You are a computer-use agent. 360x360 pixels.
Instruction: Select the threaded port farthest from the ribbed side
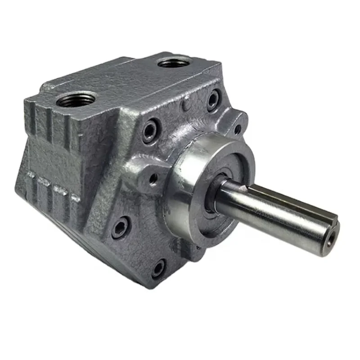pyautogui.click(x=174, y=63)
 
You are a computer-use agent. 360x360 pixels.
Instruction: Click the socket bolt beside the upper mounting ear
pyautogui.click(x=213, y=100)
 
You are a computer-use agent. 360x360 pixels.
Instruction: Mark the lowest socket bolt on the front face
pyautogui.click(x=158, y=269)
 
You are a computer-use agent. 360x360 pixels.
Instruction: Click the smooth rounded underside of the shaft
pyautogui.click(x=270, y=229)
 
